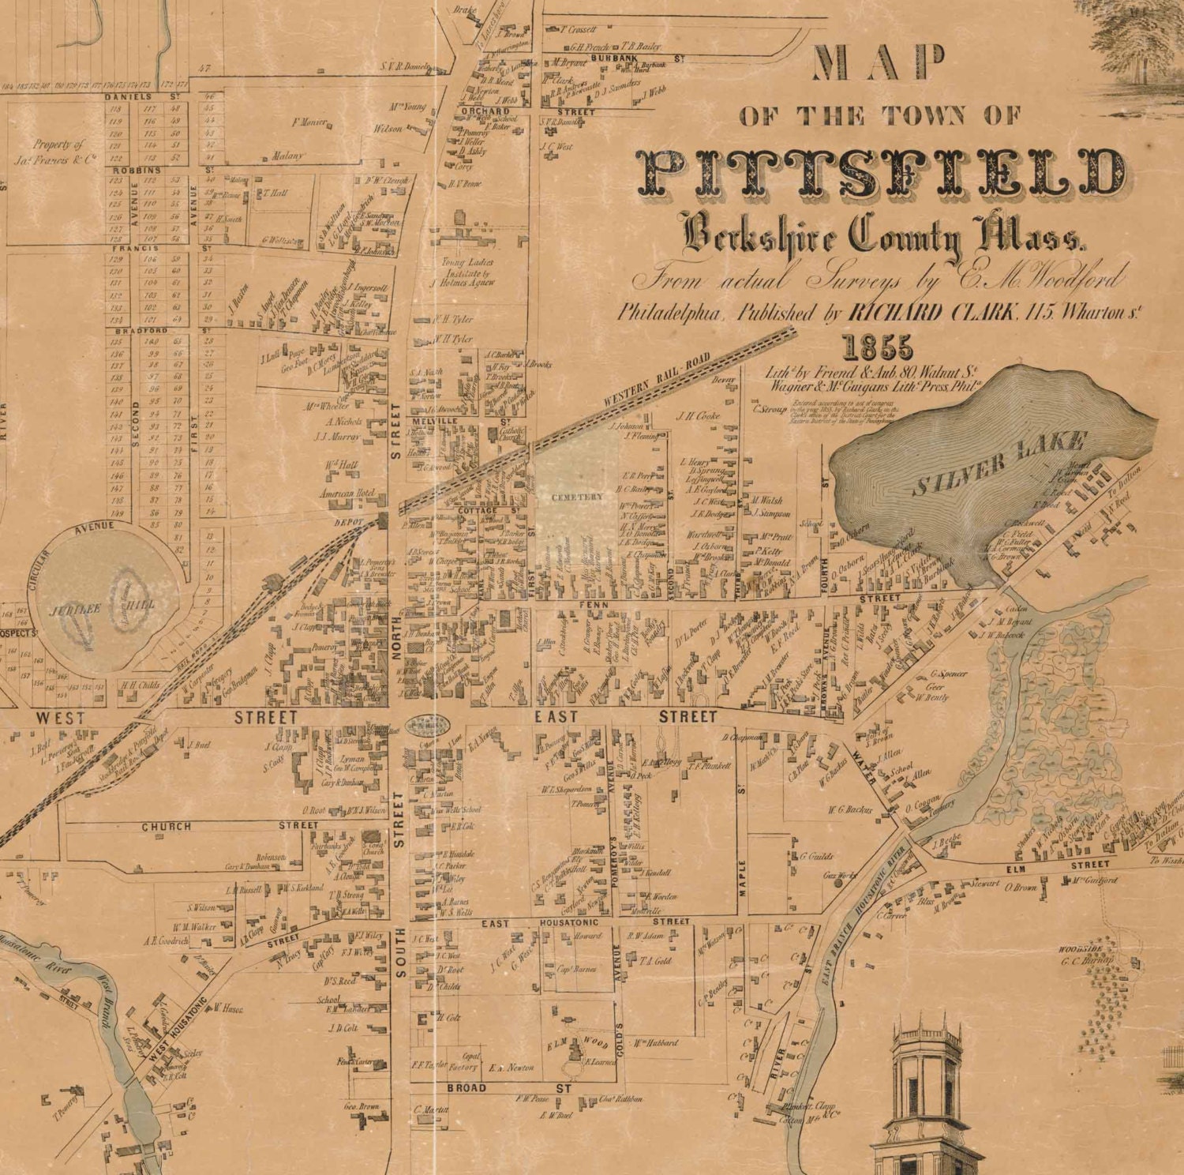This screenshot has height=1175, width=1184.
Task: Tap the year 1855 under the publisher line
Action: [878, 348]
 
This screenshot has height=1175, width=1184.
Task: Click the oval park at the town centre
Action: [427, 723]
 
